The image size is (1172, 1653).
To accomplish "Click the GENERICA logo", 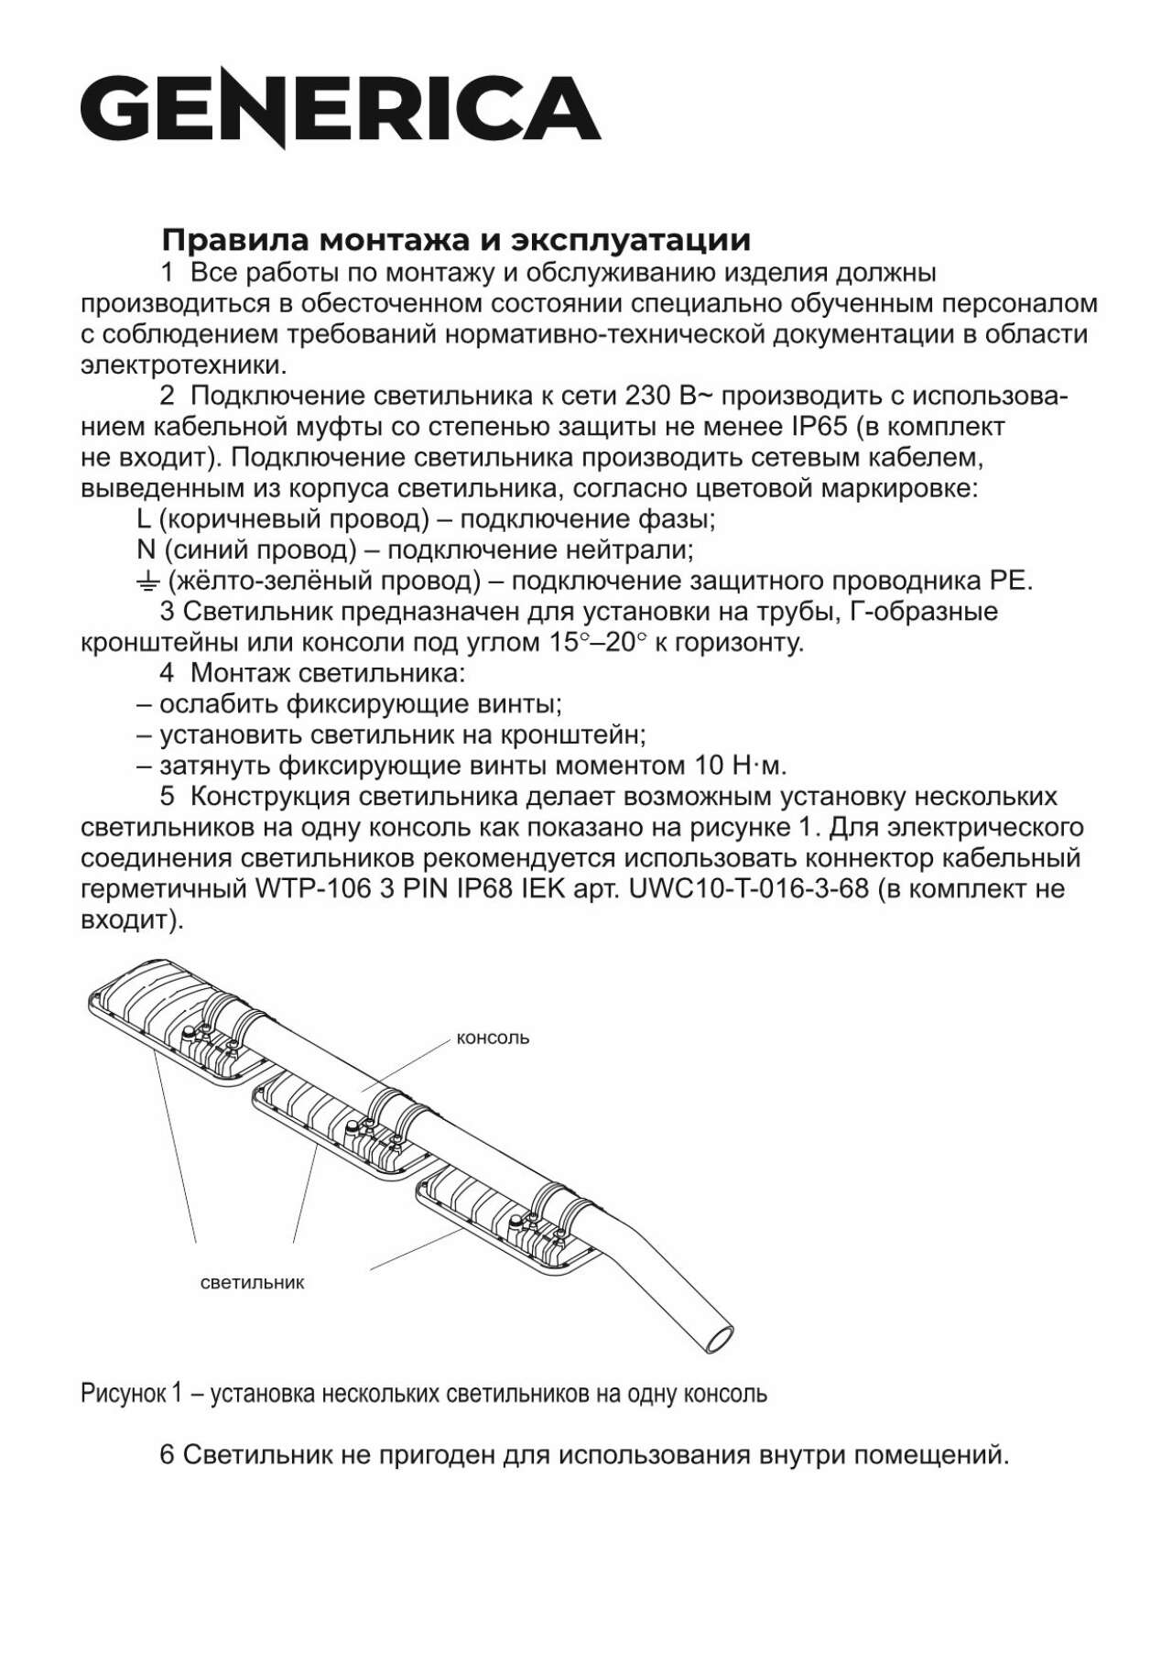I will pyautogui.click(x=340, y=112).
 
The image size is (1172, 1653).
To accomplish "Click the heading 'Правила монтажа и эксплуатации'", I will pyautogui.click(x=456, y=240).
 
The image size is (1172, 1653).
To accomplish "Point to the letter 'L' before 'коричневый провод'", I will pyautogui.click(x=143, y=519).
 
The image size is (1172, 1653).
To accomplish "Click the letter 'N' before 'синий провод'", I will pyautogui.click(x=145, y=550).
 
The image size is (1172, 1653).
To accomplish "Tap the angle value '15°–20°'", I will pyautogui.click(x=597, y=643).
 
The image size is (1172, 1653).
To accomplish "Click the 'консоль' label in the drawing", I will pyautogui.click(x=493, y=1039).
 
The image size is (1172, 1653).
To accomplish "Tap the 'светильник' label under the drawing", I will pyautogui.click(x=252, y=1283).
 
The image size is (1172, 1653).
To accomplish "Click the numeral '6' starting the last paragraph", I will pyautogui.click(x=167, y=1455).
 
